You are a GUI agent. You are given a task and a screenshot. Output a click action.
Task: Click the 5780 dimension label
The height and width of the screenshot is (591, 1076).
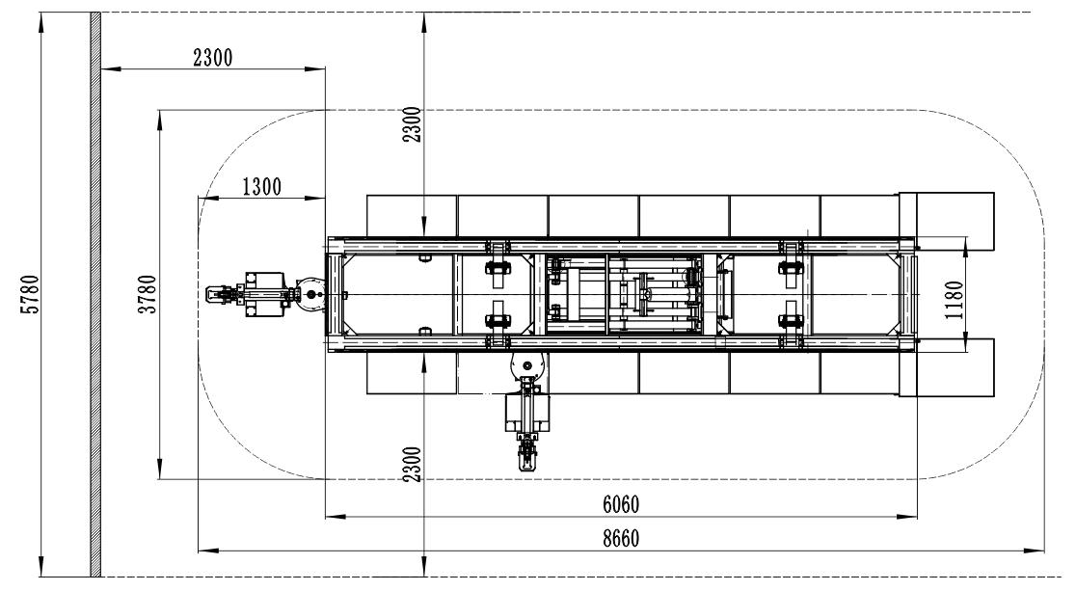click(32, 294)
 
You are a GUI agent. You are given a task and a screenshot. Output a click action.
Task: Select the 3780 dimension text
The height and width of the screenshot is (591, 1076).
click(148, 294)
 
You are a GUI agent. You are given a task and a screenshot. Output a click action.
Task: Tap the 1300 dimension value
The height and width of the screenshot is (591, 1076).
click(262, 187)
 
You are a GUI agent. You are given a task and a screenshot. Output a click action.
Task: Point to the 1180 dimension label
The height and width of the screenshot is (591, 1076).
click(954, 300)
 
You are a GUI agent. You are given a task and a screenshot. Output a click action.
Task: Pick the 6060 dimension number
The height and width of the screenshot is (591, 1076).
click(621, 505)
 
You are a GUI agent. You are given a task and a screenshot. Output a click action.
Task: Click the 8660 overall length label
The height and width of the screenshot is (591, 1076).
click(621, 539)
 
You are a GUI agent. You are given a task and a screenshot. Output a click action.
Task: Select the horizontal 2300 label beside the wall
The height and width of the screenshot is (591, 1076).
click(213, 58)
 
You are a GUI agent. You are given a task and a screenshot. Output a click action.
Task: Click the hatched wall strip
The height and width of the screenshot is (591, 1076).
click(96, 294)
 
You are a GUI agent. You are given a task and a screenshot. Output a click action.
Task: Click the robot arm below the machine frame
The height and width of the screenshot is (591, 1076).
click(527, 410)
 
